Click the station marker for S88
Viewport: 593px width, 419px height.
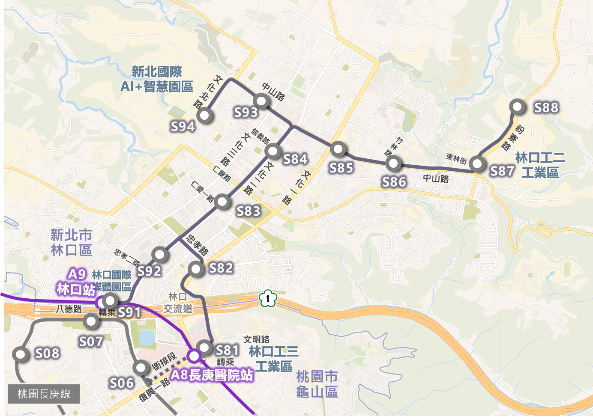pyautogui.click(x=517, y=107)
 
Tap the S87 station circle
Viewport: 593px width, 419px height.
pyautogui.click(x=477, y=163)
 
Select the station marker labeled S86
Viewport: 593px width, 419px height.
pyautogui.click(x=393, y=163)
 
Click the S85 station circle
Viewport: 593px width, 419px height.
pyautogui.click(x=338, y=149)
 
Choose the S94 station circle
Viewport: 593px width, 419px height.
pyautogui.click(x=205, y=115)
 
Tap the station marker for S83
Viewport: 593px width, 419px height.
pyautogui.click(x=222, y=201)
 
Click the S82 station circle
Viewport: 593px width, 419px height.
pyautogui.click(x=196, y=269)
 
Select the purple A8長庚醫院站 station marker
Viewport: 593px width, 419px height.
pyautogui.click(x=194, y=356)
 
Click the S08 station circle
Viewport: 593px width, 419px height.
pyautogui.click(x=20, y=354)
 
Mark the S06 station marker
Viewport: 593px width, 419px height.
pyautogui.click(x=141, y=367)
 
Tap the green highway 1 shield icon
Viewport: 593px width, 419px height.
pyautogui.click(x=268, y=298)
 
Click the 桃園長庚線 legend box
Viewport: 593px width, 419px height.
pyautogui.click(x=44, y=394)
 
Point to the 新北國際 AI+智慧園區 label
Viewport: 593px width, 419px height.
pyautogui.click(x=157, y=79)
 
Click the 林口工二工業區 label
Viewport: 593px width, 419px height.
pyautogui.click(x=540, y=165)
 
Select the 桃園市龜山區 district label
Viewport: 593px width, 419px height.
pyautogui.click(x=317, y=384)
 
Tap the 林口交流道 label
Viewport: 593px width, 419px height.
pyautogui.click(x=178, y=303)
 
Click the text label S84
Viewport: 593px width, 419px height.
pyautogui.click(x=295, y=159)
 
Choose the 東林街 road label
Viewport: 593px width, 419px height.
pyautogui.click(x=456, y=158)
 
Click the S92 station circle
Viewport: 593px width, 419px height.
pyautogui.click(x=160, y=254)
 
